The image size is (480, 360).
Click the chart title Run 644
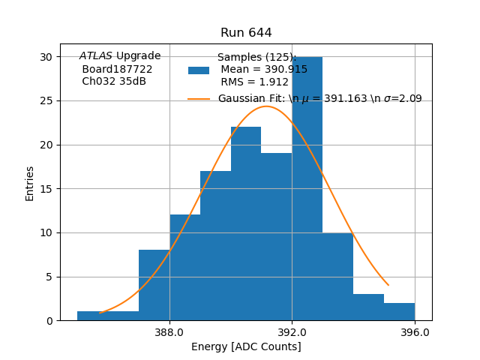pyautogui.click(x=246, y=33)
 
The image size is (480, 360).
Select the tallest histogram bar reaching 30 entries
pyautogui.click(x=307, y=187)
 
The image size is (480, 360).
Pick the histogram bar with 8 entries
pyautogui.click(x=154, y=285)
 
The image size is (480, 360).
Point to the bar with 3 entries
pyautogui.click(x=368, y=307)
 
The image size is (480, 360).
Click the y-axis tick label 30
pyautogui.click(x=46, y=57)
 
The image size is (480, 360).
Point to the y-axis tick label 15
pyautogui.click(x=46, y=189)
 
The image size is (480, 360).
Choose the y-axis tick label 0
pyautogui.click(x=49, y=321)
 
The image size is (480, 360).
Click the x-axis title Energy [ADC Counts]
pyautogui.click(x=246, y=346)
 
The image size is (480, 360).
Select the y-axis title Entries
pyautogui.click(x=30, y=183)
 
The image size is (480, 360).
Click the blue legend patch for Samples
pyautogui.click(x=199, y=70)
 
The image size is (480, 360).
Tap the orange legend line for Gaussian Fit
pyautogui.click(x=199, y=99)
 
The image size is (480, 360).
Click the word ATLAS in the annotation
pyautogui.click(x=96, y=56)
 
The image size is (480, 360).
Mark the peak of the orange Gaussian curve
pyautogui.click(x=266, y=106)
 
